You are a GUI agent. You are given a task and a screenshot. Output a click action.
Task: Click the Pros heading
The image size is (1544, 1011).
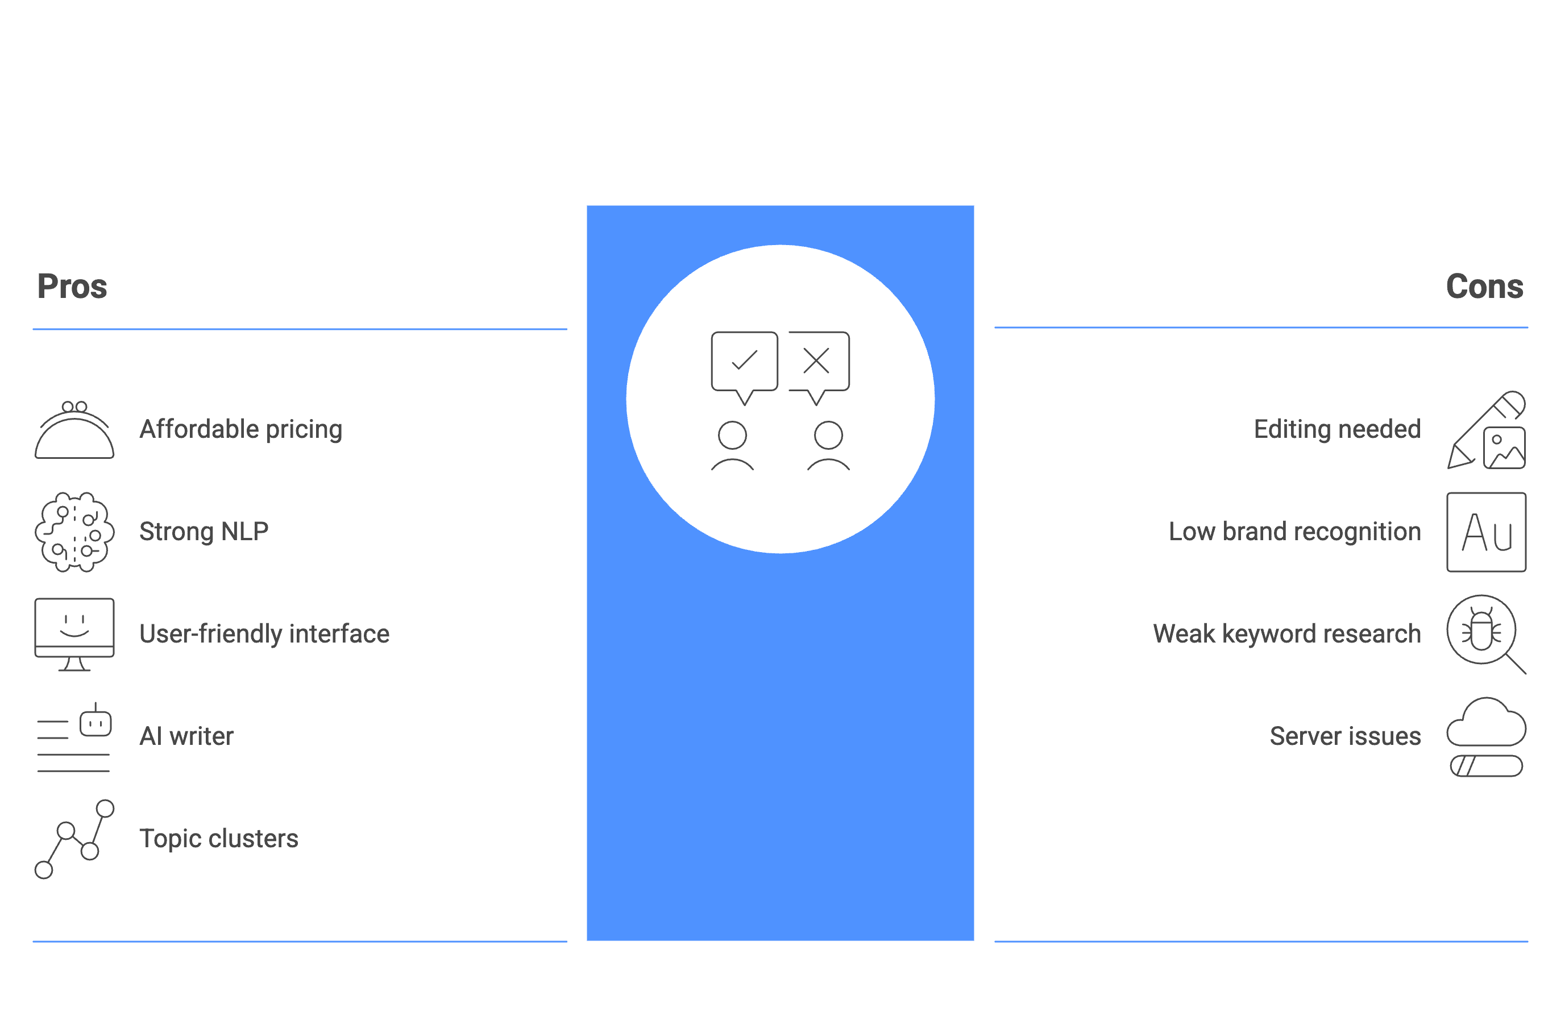(x=72, y=287)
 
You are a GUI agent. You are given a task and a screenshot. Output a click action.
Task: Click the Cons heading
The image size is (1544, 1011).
(x=1484, y=287)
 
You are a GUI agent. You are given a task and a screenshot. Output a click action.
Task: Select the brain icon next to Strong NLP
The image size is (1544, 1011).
(x=74, y=532)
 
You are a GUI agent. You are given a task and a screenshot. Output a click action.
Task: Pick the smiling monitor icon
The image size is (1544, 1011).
(x=74, y=634)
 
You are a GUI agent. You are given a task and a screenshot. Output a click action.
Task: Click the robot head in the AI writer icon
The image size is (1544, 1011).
(x=96, y=721)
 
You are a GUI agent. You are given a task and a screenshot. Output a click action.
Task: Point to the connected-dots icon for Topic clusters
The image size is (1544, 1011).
(x=74, y=839)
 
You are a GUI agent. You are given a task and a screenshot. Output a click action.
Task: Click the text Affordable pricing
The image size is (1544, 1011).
(x=240, y=429)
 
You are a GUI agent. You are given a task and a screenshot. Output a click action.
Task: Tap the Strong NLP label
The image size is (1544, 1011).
(x=204, y=532)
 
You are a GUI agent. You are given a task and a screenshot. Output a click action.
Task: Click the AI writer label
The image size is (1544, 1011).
(x=187, y=736)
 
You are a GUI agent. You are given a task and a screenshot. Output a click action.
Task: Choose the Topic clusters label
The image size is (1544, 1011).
(x=219, y=839)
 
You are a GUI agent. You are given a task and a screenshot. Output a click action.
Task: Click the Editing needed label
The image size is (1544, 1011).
(x=1337, y=429)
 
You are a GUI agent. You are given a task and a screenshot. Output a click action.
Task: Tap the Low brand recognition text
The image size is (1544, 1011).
(x=1295, y=532)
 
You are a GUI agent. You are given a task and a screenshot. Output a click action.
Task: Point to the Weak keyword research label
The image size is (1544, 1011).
(x=1287, y=634)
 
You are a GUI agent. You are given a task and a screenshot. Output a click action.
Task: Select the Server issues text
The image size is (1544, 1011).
(x=1346, y=736)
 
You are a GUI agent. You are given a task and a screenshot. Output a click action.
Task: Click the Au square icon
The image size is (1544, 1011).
(x=1486, y=532)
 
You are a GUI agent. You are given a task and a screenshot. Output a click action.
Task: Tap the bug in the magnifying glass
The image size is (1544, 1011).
(x=1481, y=629)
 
